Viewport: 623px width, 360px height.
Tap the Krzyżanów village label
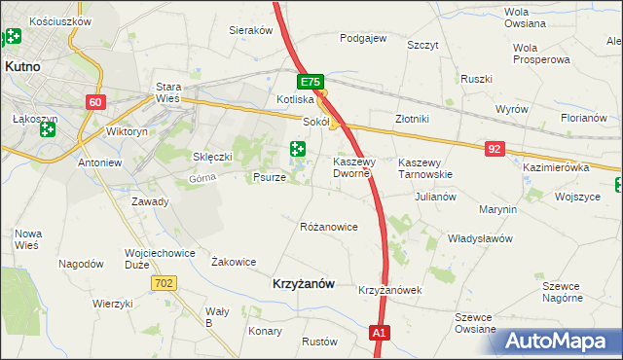[x=301, y=283]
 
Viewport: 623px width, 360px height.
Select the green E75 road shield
[x=310, y=84]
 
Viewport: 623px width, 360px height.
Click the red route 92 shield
[x=496, y=148]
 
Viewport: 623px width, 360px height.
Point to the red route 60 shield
[x=94, y=102]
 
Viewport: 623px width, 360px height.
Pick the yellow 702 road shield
[x=164, y=282]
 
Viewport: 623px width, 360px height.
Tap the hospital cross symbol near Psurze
[x=298, y=150]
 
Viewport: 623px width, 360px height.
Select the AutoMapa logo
[x=554, y=340]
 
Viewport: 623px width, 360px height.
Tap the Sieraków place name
[x=250, y=30]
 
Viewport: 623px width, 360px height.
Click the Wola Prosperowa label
[x=539, y=53]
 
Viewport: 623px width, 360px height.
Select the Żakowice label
[x=234, y=262]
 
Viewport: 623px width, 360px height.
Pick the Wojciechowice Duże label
[x=150, y=257]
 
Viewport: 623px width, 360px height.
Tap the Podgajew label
[x=363, y=39]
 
